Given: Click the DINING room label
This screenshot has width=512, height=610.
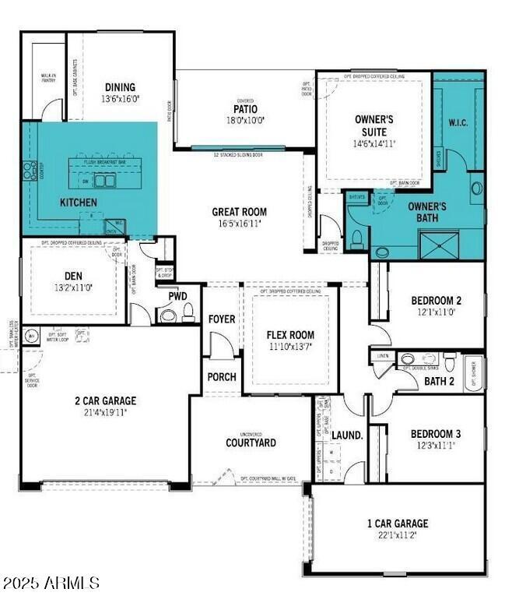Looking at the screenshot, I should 121,87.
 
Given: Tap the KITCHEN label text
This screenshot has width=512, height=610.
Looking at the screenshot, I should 79,203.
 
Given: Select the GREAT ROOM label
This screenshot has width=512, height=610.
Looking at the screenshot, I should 239,212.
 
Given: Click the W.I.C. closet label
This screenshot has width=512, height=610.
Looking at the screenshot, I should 458,122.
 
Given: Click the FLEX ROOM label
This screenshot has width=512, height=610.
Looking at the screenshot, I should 290,335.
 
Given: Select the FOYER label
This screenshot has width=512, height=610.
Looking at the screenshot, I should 222,319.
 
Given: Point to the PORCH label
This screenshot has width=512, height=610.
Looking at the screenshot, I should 222,377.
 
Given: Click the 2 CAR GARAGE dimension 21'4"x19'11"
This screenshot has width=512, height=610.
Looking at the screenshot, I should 105,412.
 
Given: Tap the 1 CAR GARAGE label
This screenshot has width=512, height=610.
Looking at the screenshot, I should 397,524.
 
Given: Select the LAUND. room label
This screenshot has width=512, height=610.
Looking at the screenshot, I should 348,435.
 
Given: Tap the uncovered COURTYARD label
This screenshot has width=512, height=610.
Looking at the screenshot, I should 251,443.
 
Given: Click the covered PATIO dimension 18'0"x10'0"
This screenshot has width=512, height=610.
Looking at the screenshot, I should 245,121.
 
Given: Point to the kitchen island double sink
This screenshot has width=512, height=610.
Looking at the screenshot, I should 103,181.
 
